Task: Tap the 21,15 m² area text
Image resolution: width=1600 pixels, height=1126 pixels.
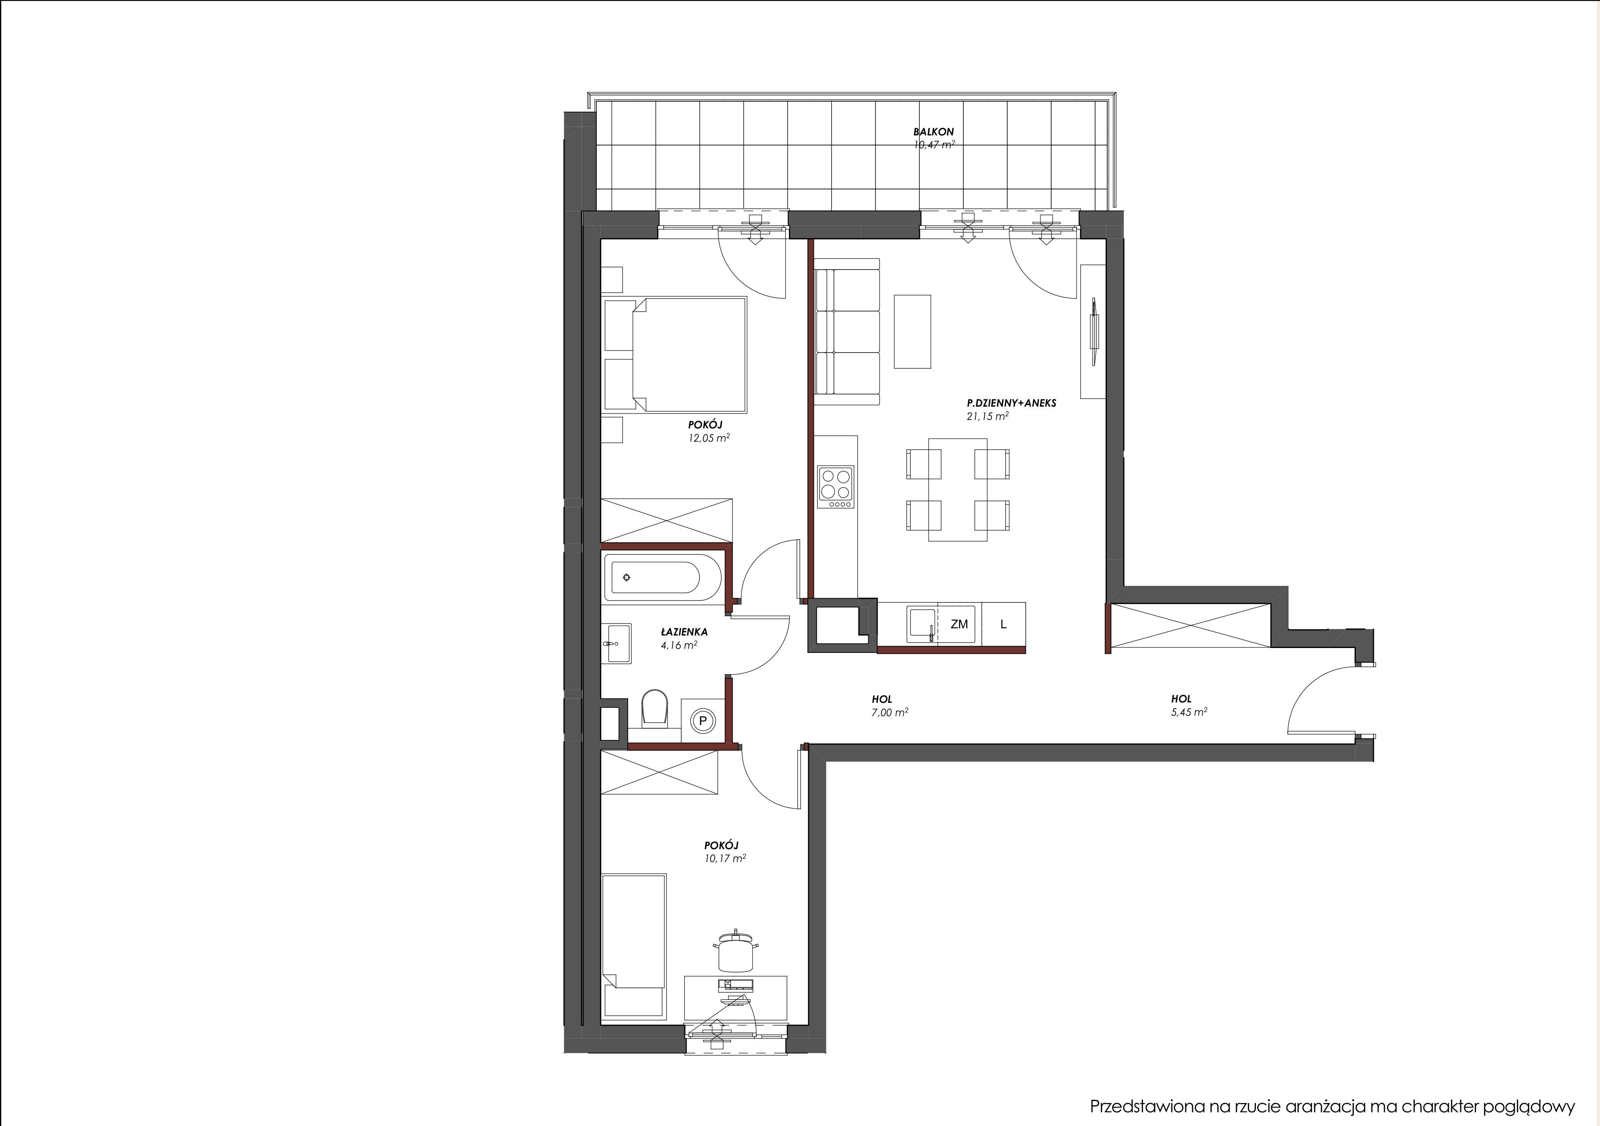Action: (987, 416)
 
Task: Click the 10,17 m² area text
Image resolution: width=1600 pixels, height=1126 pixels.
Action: (725, 858)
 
